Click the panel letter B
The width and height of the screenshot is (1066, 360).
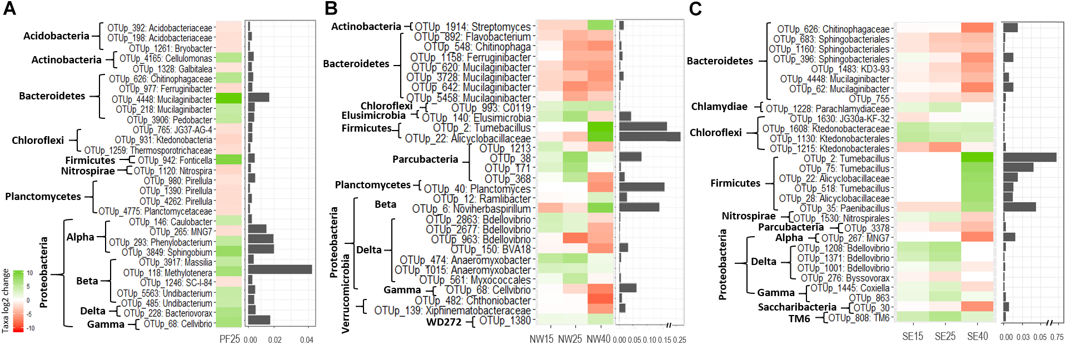331,9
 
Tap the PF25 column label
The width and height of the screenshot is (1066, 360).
230,339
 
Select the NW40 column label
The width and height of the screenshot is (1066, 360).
599,339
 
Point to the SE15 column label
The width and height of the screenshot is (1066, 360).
913,337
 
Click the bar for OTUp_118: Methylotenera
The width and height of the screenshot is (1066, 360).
280,269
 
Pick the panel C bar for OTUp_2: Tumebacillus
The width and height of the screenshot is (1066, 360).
1030,157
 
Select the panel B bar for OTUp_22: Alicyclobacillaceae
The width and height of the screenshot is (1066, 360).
650,137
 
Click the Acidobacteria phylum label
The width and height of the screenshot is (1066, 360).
56,36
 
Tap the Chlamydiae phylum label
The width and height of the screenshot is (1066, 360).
719,107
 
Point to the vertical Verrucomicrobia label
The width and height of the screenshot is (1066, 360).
345,293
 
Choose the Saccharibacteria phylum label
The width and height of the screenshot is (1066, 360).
797,307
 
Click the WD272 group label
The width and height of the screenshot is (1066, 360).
444,322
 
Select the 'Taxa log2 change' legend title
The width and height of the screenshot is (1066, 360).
6,301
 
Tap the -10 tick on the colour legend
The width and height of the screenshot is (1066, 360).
30,328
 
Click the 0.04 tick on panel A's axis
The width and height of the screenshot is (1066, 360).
307,340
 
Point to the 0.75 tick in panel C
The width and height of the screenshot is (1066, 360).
1057,337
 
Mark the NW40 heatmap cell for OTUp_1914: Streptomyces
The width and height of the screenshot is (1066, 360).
600,25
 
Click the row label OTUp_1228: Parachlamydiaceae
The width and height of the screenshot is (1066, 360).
828,109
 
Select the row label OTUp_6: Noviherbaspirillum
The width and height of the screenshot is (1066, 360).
471,209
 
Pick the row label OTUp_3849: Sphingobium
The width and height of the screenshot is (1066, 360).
167,252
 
